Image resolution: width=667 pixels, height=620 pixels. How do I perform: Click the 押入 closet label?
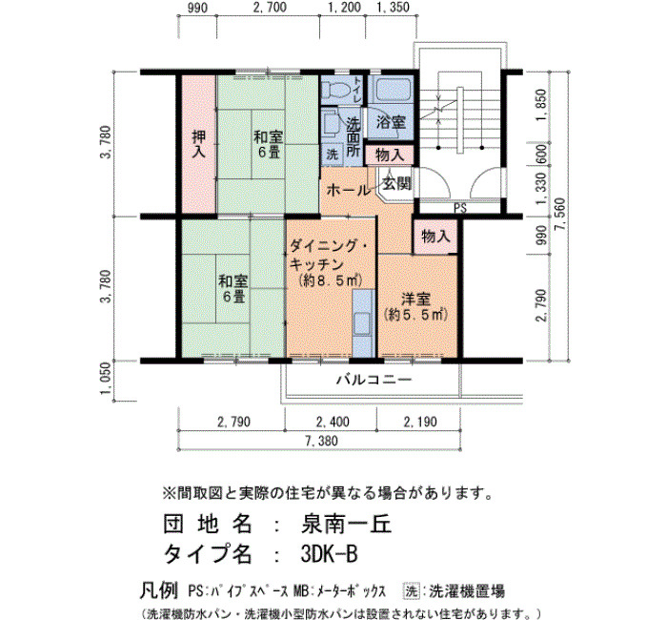click(198, 143)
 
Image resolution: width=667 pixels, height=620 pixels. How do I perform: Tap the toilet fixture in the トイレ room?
click(336, 90)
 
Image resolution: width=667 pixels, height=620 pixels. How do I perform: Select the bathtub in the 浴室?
click(391, 89)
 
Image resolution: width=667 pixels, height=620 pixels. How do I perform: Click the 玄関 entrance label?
click(397, 183)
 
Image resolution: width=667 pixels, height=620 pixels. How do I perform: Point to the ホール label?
click(348, 190)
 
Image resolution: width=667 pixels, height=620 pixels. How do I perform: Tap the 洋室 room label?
click(415, 299)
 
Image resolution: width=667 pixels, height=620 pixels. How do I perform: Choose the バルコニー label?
click(374, 379)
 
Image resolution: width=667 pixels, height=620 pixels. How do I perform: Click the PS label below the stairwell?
click(460, 208)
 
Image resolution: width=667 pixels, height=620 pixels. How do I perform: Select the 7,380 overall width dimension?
click(321, 441)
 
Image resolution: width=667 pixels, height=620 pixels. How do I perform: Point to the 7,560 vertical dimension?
click(562, 215)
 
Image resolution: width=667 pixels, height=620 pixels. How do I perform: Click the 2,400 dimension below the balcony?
click(333, 422)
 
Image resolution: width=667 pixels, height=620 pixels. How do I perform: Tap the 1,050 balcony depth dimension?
click(107, 378)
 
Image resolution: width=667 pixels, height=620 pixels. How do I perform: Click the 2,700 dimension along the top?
click(270, 8)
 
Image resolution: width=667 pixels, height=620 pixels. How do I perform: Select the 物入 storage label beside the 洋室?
click(435, 236)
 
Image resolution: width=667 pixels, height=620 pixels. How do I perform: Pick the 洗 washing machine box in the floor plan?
click(333, 155)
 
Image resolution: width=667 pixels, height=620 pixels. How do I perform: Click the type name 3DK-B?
click(329, 554)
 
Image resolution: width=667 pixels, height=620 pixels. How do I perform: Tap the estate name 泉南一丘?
click(345, 525)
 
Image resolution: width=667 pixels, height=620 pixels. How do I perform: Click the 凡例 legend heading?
click(158, 590)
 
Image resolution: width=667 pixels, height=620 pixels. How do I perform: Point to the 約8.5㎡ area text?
click(330, 280)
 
